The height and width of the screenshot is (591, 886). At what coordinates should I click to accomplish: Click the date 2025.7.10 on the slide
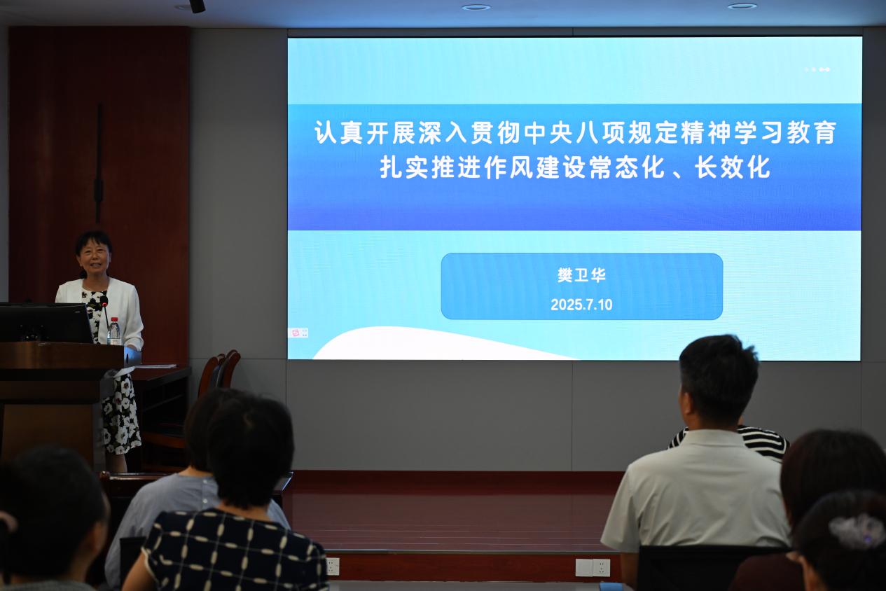pyautogui.click(x=581, y=305)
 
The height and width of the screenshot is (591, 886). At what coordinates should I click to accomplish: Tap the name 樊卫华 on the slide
pyautogui.click(x=581, y=275)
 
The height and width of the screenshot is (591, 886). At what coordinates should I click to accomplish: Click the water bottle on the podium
pyautogui.click(x=114, y=331)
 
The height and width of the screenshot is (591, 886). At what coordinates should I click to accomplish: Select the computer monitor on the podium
pyautogui.click(x=46, y=323)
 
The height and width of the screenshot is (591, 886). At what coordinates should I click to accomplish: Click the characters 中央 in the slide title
pyautogui.click(x=548, y=132)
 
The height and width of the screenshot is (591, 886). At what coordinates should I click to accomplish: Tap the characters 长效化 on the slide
pyautogui.click(x=733, y=167)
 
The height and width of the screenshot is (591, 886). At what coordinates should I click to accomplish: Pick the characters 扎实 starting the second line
pyautogui.click(x=405, y=167)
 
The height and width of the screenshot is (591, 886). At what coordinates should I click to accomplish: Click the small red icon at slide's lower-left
pyautogui.click(x=295, y=333)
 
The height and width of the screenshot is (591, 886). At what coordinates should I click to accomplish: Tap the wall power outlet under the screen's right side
pyautogui.click(x=593, y=568)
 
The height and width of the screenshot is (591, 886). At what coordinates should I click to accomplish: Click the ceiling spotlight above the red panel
pyautogui.click(x=197, y=6)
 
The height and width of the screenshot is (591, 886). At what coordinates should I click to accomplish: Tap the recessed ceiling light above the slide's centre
pyautogui.click(x=476, y=7)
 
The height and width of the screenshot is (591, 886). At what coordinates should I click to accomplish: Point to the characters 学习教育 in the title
pyautogui.click(x=784, y=132)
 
